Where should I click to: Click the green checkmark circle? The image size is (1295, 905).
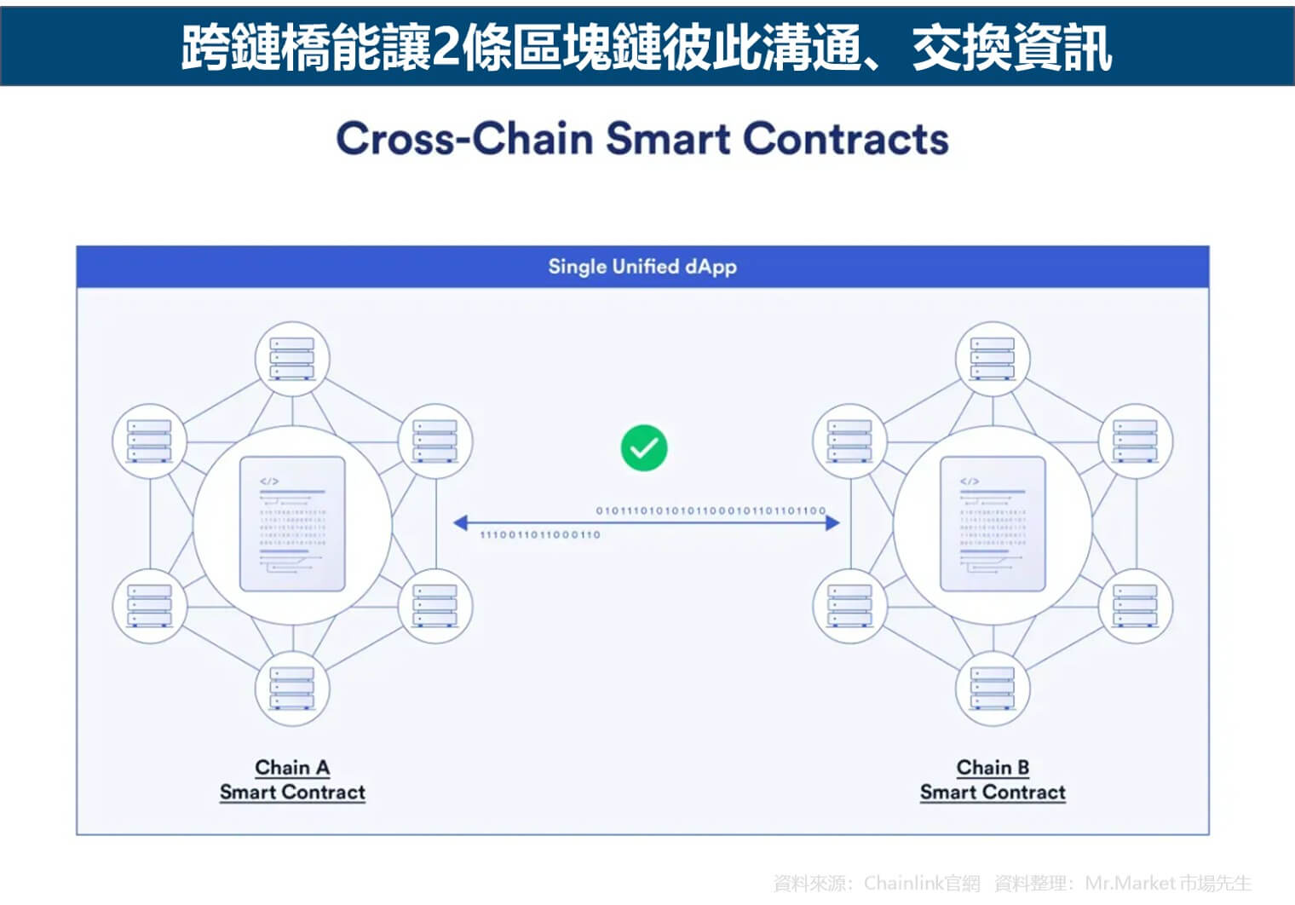click(x=644, y=447)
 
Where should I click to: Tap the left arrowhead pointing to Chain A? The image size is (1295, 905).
click(x=461, y=522)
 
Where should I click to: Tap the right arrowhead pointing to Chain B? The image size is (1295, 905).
click(x=832, y=522)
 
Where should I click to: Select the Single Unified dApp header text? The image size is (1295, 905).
click(x=642, y=266)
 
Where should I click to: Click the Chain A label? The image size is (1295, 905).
click(x=292, y=767)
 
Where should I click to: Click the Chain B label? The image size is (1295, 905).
click(x=993, y=767)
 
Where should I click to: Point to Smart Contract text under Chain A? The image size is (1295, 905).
click(x=292, y=793)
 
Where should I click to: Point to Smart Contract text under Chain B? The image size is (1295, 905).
click(x=993, y=793)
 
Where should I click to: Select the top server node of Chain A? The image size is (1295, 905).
click(x=292, y=359)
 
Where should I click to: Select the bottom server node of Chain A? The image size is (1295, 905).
click(x=292, y=689)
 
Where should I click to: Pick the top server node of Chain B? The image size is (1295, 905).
click(x=993, y=359)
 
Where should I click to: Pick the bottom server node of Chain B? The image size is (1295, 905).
click(x=993, y=689)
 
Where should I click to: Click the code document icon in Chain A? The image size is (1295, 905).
click(x=292, y=524)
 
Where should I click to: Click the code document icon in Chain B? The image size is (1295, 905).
click(x=993, y=524)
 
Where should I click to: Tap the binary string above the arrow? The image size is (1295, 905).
click(x=711, y=510)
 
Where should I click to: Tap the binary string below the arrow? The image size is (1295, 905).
click(x=540, y=535)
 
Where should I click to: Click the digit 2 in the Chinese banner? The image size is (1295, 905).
click(x=445, y=47)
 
